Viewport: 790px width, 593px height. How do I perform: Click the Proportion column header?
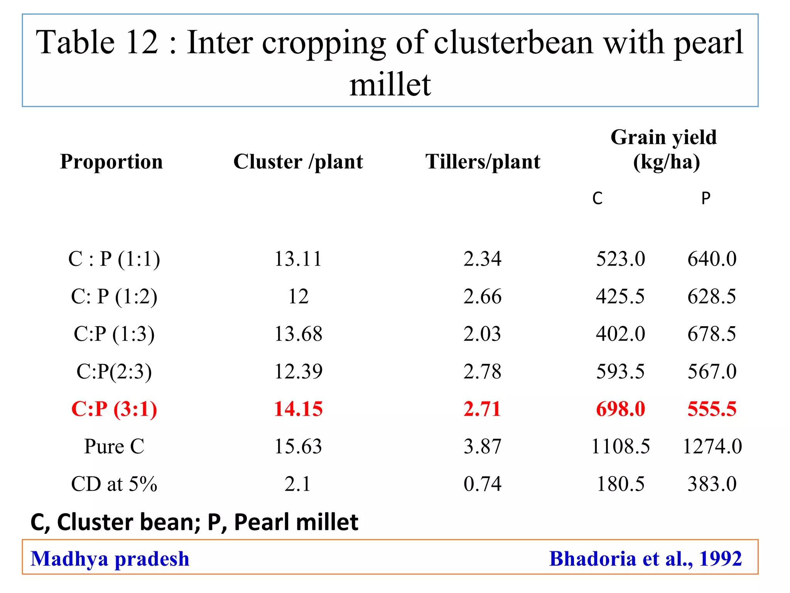coord(111,161)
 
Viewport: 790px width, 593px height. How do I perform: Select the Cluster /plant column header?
coord(298,161)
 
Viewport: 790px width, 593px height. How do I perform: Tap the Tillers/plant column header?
coord(483,161)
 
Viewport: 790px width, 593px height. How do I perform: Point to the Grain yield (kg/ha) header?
coord(664,149)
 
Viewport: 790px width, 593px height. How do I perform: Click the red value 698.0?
coord(620,409)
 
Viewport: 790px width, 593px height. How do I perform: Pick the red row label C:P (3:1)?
coord(114,409)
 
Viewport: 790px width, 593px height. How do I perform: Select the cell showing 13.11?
coord(298,259)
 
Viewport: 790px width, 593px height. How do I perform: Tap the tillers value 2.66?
coord(483,296)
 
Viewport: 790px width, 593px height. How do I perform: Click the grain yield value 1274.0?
coord(712,446)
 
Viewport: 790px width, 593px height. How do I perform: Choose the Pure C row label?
coord(114,446)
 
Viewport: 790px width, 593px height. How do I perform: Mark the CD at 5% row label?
coord(114,484)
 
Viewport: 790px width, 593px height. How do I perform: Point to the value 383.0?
coord(712,484)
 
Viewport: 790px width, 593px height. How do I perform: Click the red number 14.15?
coord(298,409)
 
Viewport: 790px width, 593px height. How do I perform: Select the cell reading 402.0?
coord(620,334)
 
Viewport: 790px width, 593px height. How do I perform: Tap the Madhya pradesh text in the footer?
coord(110,559)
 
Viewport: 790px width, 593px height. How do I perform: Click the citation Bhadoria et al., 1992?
coord(645,559)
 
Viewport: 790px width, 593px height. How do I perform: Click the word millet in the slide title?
coord(390,85)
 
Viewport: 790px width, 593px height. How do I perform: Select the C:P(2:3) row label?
coord(114,371)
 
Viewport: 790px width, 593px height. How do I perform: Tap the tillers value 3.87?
coord(483,446)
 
